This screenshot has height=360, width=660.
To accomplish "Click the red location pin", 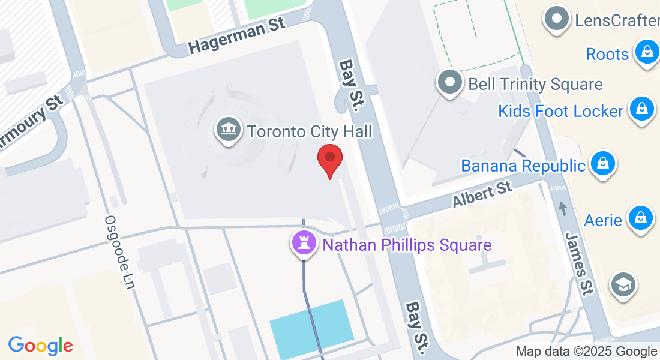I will point(329,158).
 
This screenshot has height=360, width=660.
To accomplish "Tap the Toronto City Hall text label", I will point(310,131).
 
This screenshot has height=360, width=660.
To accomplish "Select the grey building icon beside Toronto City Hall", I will point(228,130).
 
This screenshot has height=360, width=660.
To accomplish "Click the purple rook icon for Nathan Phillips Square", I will point(304,244).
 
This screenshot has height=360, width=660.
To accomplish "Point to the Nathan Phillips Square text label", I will point(407,245).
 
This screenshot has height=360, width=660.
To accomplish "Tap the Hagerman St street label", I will point(236,37).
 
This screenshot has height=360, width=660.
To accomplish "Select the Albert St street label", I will point(482,194).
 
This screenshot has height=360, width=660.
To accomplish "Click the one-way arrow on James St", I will point(562,208).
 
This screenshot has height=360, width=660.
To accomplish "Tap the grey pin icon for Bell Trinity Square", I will point(449,82).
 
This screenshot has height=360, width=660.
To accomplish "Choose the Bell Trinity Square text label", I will point(535,84).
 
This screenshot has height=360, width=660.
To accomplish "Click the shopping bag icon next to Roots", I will point(647,52).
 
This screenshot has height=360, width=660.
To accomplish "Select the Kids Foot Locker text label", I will point(560,111).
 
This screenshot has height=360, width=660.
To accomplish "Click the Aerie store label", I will point(603,220).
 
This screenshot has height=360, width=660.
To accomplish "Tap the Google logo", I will point(40,346).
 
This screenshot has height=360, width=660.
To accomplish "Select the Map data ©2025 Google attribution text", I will point(586,352).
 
